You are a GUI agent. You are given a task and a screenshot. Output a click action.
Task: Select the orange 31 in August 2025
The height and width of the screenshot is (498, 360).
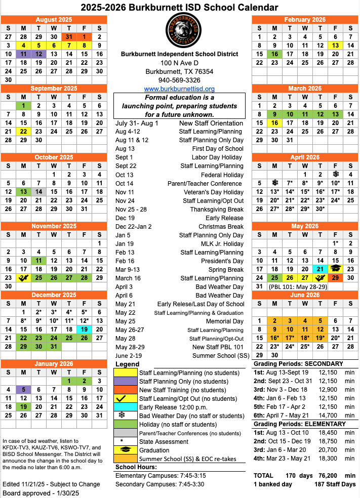pyautogui.click(x=69, y=37)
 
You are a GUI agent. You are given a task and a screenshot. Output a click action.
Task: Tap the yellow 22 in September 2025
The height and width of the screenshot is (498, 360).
pyautogui.click(x=23, y=132)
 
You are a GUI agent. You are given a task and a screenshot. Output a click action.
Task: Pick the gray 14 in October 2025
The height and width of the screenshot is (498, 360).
pyautogui.click(x=38, y=192)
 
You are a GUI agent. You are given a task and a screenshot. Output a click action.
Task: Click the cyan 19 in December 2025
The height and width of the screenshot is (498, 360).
pyautogui.click(x=84, y=329)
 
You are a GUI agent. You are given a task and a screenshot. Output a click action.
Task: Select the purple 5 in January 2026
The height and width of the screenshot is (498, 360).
pyautogui.click(x=23, y=390)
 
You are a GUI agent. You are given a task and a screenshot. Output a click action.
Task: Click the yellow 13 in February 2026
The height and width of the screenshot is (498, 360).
pyautogui.click(x=335, y=46)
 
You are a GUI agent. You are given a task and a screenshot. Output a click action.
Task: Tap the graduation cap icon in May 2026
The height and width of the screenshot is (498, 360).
pyautogui.click(x=335, y=269)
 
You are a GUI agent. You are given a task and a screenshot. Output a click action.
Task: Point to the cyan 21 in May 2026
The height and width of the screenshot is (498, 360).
pyautogui.click(x=320, y=269)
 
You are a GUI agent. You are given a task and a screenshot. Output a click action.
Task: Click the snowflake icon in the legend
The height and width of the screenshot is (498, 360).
pyautogui.click(x=122, y=416)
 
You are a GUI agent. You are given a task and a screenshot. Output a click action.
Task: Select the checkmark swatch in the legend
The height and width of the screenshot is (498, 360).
pyautogui.click(x=122, y=398)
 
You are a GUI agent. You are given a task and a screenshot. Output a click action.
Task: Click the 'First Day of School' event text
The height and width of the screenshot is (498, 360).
pyautogui.click(x=218, y=149)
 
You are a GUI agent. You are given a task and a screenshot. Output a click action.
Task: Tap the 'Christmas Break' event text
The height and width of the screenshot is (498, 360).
pyautogui.click(x=221, y=226)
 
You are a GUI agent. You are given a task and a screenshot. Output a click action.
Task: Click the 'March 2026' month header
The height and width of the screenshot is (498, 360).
pyautogui.click(x=305, y=89)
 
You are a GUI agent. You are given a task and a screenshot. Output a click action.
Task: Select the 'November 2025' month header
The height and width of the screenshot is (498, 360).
pyautogui.click(x=54, y=226)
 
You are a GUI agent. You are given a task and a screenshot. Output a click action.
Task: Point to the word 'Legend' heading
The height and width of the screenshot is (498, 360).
pyautogui.click(x=127, y=364)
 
